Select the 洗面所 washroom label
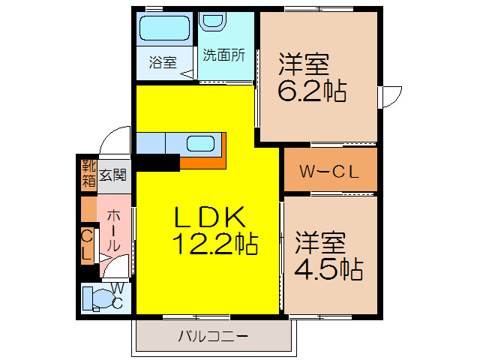224,55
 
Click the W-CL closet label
329,171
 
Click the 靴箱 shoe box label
88,172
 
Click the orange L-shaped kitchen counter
206,161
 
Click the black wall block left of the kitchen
158,162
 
